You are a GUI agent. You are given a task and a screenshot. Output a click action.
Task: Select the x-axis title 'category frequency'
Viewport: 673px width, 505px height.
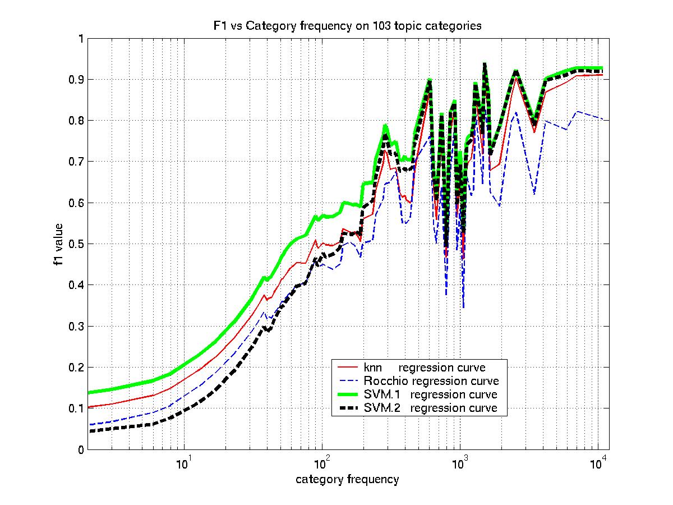[348, 479]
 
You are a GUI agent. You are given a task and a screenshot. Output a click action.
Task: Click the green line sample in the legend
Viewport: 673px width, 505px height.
[348, 394]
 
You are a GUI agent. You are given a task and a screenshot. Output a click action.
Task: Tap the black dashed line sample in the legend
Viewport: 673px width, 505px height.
[348, 408]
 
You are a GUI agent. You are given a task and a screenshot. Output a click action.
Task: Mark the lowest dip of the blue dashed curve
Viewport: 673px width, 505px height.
[463, 307]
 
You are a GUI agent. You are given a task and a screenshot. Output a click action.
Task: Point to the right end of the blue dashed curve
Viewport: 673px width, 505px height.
[602, 119]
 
